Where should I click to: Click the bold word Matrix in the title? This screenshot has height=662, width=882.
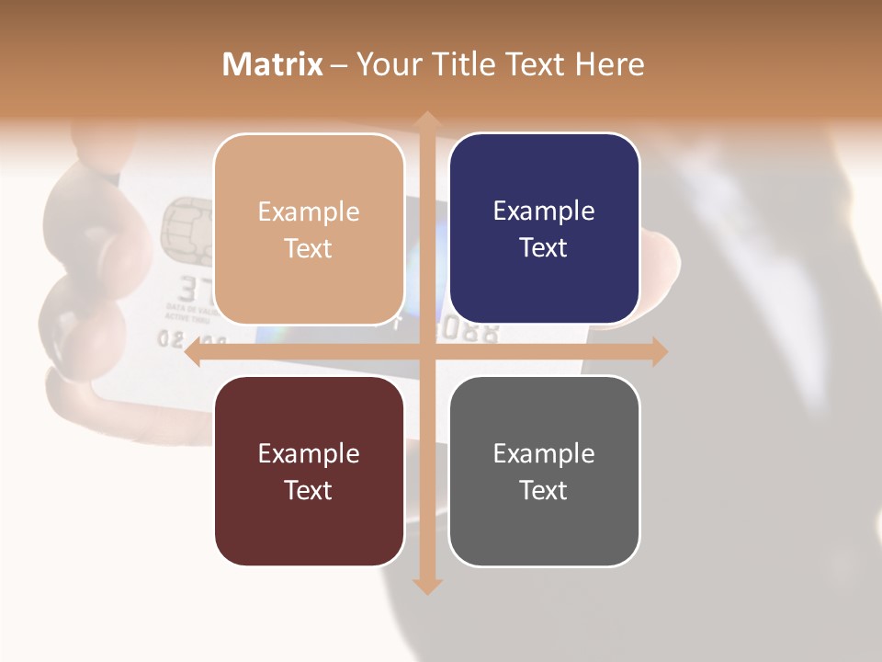pyautogui.click(x=273, y=64)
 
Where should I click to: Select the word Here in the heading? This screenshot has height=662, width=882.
pyautogui.click(x=609, y=64)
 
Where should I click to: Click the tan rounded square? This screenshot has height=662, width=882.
pyautogui.click(x=309, y=230)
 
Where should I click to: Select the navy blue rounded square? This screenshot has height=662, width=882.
pyautogui.click(x=544, y=229)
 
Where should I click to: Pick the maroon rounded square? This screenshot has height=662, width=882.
pyautogui.click(x=309, y=471)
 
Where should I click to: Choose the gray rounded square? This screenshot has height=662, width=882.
pyautogui.click(x=544, y=471)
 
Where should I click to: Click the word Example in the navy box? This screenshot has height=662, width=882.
pyautogui.click(x=544, y=211)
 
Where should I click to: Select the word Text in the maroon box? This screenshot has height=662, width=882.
pyautogui.click(x=309, y=490)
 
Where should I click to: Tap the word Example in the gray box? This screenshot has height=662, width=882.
pyautogui.click(x=544, y=453)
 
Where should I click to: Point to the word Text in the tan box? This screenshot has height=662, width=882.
pyautogui.click(x=309, y=249)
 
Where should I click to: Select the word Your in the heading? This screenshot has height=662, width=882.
pyautogui.click(x=386, y=64)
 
